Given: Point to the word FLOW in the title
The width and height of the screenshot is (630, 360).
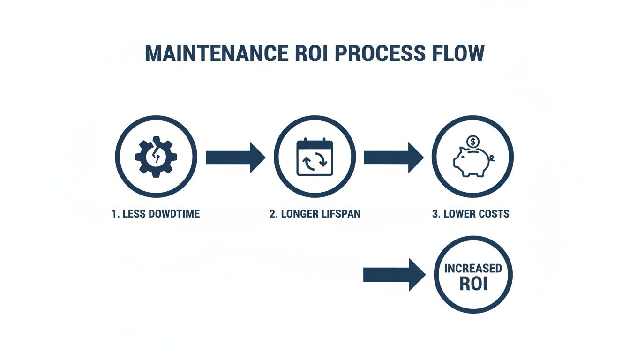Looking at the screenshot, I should point(457,54).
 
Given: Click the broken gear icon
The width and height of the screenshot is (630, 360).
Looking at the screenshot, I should point(156,157).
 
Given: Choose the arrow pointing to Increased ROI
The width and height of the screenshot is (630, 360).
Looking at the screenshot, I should point(393,275).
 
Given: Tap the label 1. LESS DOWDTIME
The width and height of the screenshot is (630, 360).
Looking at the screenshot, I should point(156,214).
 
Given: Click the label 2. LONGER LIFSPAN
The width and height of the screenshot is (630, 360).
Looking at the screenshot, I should point(315,214).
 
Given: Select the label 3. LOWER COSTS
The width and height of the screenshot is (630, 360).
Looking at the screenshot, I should point(471,214).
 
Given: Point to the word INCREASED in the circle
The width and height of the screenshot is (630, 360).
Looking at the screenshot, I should point(473,269).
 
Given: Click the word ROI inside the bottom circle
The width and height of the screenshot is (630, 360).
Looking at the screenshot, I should point(473,284).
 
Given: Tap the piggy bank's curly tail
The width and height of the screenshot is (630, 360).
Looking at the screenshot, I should point(492,159).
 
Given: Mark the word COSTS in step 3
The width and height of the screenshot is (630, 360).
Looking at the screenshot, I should point(493,214).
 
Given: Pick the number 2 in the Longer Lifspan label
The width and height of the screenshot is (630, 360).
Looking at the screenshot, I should point(272,214).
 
